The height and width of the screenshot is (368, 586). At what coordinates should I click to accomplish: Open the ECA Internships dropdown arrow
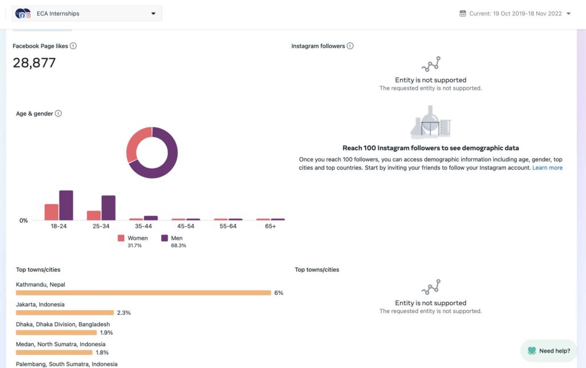153,14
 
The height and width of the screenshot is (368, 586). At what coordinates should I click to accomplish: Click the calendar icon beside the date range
462,14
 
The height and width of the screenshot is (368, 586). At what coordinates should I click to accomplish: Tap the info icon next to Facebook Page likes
73,46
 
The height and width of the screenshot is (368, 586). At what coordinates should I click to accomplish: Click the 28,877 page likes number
34,63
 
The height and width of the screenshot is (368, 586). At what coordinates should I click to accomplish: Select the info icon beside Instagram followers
350,46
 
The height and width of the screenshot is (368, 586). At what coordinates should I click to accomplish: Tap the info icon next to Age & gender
58,113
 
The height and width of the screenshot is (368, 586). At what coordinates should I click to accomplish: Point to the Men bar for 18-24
66,205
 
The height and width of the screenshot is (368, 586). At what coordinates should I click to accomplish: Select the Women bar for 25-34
94,215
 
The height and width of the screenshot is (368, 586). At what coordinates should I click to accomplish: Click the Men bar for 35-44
151,218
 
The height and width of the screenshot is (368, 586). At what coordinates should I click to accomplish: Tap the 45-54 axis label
185,226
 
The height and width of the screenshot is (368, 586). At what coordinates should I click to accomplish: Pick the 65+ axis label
270,226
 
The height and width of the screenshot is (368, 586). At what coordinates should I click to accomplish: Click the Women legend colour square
121,238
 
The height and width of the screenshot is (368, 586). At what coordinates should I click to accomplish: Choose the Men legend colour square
165,238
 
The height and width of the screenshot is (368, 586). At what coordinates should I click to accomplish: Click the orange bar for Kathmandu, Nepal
143,293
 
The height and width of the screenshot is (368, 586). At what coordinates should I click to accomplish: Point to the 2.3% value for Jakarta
124,313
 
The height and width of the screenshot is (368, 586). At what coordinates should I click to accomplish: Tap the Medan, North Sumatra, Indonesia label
61,345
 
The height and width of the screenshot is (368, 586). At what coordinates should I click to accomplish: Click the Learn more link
547,168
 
